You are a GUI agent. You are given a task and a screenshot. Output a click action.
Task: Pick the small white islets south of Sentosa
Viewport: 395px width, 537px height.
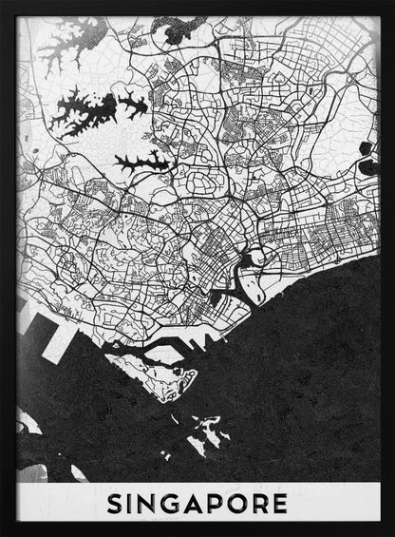coord(204,432)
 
